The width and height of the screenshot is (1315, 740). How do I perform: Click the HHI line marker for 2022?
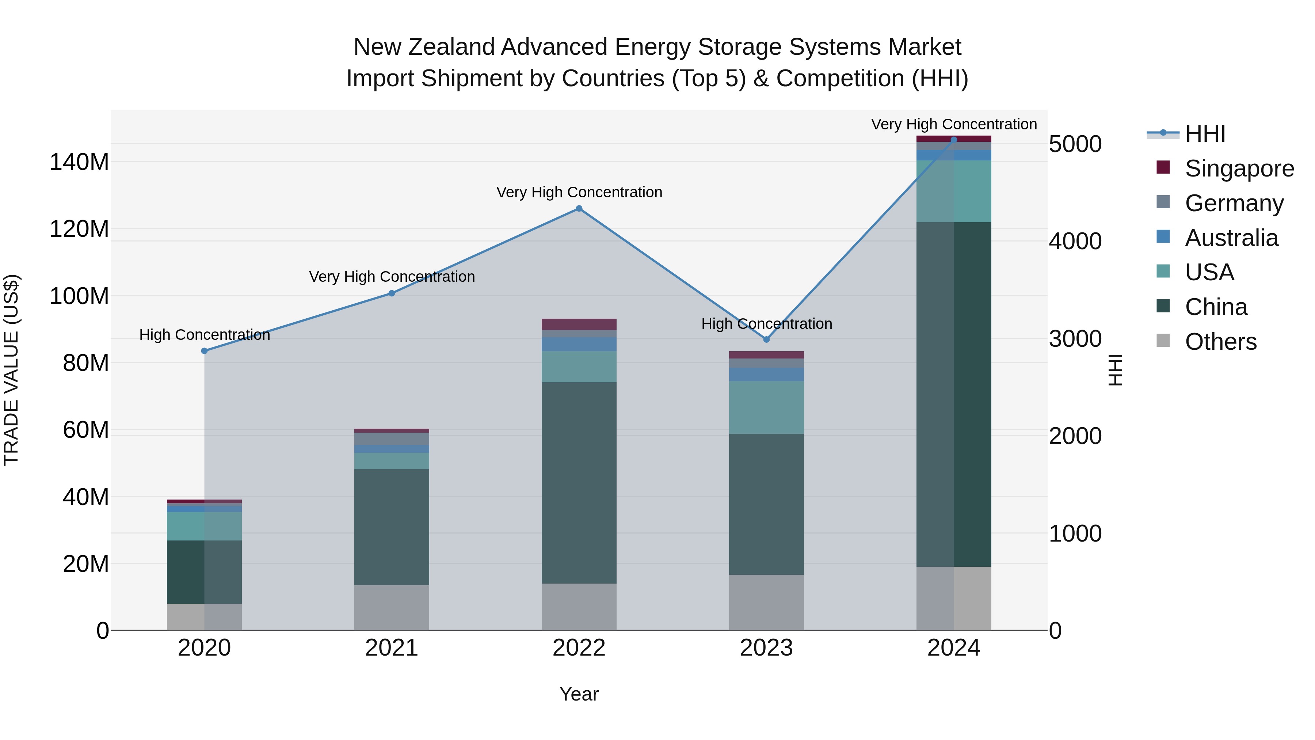pyautogui.click(x=579, y=208)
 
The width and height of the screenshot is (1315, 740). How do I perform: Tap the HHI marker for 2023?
pyautogui.click(x=766, y=339)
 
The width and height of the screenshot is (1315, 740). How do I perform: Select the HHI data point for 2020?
pyautogui.click(x=204, y=351)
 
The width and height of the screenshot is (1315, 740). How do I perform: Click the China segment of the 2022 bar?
pyautogui.click(x=579, y=483)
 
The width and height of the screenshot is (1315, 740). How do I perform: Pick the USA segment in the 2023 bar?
pyautogui.click(x=766, y=407)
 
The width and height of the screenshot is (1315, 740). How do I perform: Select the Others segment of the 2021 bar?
pyautogui.click(x=392, y=607)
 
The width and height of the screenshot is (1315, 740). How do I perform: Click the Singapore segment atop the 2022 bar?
pyautogui.click(x=579, y=324)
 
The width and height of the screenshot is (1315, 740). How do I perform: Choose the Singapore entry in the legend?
pyautogui.click(x=1239, y=168)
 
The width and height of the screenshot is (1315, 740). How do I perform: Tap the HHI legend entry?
pyautogui.click(x=1205, y=134)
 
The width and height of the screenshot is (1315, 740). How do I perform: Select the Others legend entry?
pyautogui.click(x=1220, y=342)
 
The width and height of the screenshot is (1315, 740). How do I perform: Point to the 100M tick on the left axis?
pyautogui.click(x=79, y=296)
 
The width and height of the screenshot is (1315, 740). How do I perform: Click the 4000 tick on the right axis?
pyautogui.click(x=1075, y=241)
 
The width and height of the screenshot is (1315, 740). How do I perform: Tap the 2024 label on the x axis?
pyautogui.click(x=953, y=648)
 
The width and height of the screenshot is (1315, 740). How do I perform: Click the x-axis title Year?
pyautogui.click(x=579, y=694)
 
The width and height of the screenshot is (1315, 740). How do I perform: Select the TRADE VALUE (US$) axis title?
pyautogui.click(x=11, y=370)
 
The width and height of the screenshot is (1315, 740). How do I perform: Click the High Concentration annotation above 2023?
pyautogui.click(x=766, y=324)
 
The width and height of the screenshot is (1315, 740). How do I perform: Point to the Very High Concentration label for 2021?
pyautogui.click(x=392, y=277)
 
